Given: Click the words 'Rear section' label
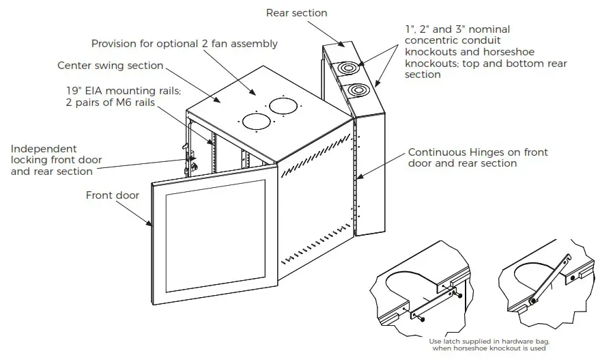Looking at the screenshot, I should pos(296,12).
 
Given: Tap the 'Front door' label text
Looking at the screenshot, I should pos(112,195).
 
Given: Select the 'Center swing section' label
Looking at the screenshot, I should pos(110,66).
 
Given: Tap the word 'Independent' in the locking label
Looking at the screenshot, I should pos(44,148).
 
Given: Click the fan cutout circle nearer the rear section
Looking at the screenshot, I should pos(283,105).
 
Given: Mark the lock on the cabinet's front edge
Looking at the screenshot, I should pos(192,165).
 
